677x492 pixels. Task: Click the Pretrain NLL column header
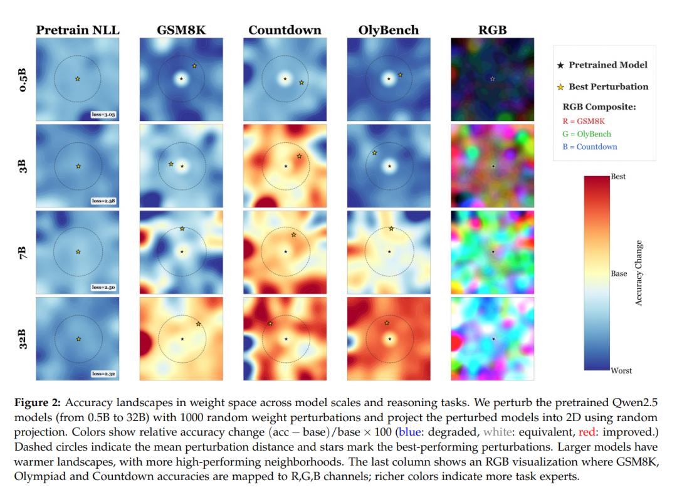pyautogui.click(x=78, y=29)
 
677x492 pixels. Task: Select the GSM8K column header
pyautogui.click(x=181, y=29)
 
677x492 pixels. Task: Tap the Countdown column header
pyautogui.click(x=285, y=29)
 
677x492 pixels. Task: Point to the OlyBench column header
pyautogui.click(x=389, y=29)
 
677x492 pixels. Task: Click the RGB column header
pyautogui.click(x=492, y=29)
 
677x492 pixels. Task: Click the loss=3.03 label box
pyautogui.click(x=104, y=115)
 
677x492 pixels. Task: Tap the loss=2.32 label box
pyautogui.click(x=104, y=374)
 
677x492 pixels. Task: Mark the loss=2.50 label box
pyautogui.click(x=104, y=288)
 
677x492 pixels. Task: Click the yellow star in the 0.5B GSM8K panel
pyautogui.click(x=194, y=66)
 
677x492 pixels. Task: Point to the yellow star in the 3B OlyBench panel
pyautogui.click(x=374, y=153)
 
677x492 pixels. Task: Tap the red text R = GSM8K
pyautogui.click(x=583, y=122)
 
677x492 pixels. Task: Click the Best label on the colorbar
pyautogui.click(x=618, y=177)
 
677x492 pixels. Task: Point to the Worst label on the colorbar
pyautogui.click(x=621, y=370)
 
